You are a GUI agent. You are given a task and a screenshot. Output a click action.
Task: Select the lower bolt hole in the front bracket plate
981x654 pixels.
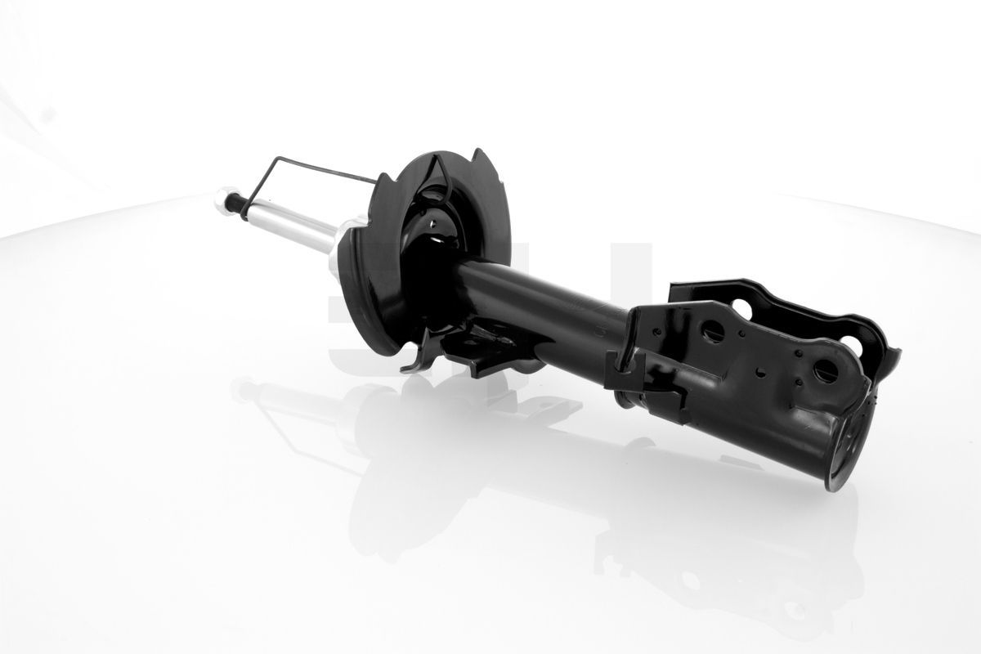click(x=824, y=370)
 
